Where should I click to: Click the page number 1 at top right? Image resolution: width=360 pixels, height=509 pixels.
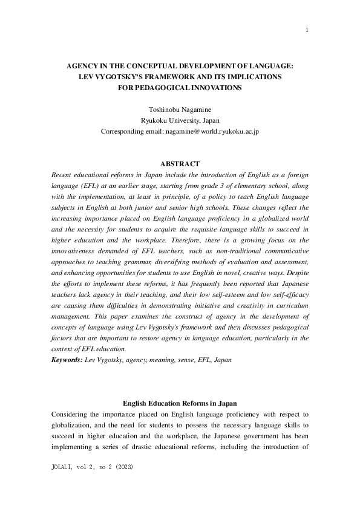(307, 30)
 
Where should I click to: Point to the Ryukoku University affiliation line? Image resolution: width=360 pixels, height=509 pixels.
(180, 121)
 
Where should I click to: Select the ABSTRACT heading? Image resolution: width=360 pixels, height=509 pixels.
(180, 164)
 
